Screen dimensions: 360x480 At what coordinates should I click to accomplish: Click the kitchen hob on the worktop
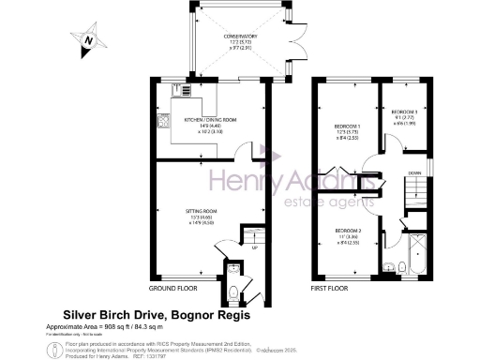pos(163,120)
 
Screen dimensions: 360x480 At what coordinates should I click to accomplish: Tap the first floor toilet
pos(400,267)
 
